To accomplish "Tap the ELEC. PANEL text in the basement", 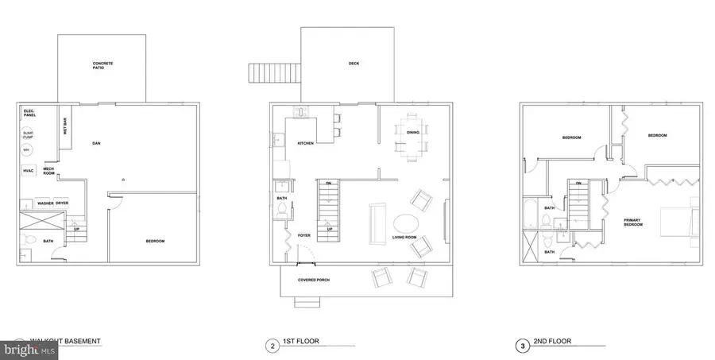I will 30,113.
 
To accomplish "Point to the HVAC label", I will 29,170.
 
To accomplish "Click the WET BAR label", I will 64,126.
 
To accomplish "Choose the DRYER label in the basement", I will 62,203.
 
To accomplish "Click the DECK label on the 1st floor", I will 354,64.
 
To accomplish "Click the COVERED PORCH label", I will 313,280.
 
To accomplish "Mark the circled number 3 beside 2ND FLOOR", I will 524,346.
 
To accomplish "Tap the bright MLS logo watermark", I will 29,348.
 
